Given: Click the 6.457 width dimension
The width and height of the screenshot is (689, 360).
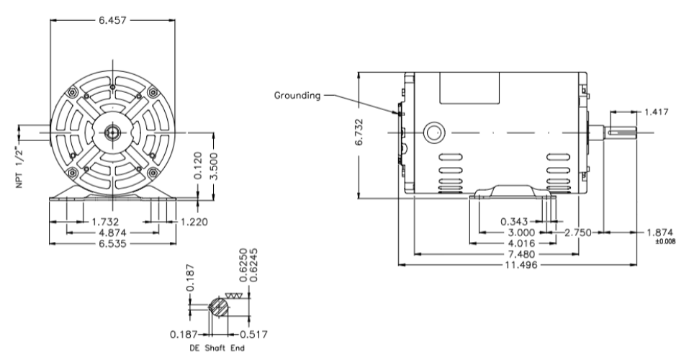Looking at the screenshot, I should click(x=112, y=20).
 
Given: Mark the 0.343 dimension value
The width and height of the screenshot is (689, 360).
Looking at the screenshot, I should click(x=514, y=221).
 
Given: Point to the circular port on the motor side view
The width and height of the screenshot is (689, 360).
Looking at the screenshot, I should click(x=435, y=132).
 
